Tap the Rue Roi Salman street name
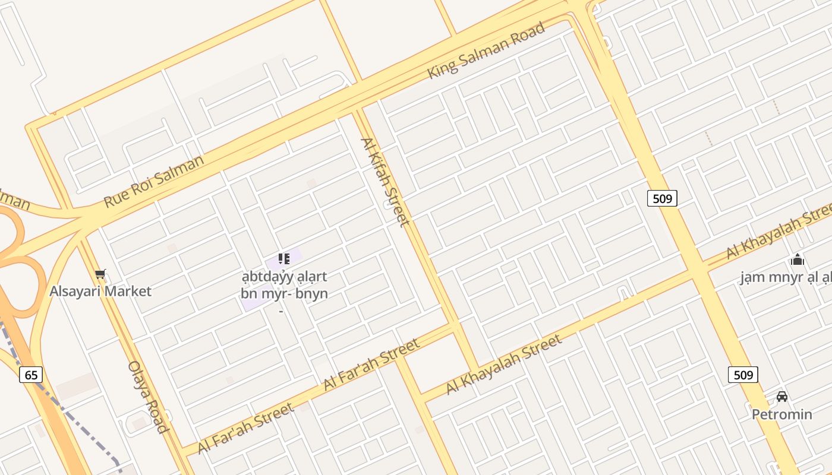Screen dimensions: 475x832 (153, 180)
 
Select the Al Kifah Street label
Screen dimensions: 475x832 (385, 182)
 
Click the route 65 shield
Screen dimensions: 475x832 (31, 375)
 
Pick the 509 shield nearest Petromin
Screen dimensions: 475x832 (743, 375)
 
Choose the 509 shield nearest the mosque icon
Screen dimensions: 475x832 (662, 198)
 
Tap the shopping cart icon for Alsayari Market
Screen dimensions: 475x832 (100, 274)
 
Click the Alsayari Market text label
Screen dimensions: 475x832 (100, 291)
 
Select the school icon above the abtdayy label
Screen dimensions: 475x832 (283, 259)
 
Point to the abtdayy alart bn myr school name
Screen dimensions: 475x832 (284, 285)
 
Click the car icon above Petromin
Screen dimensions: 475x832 (782, 397)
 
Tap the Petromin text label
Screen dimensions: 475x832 (782, 414)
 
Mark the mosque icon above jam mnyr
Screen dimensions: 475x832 (797, 259)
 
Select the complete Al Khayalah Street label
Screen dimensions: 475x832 (503, 364)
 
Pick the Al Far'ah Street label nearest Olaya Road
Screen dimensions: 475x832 (245, 427)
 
